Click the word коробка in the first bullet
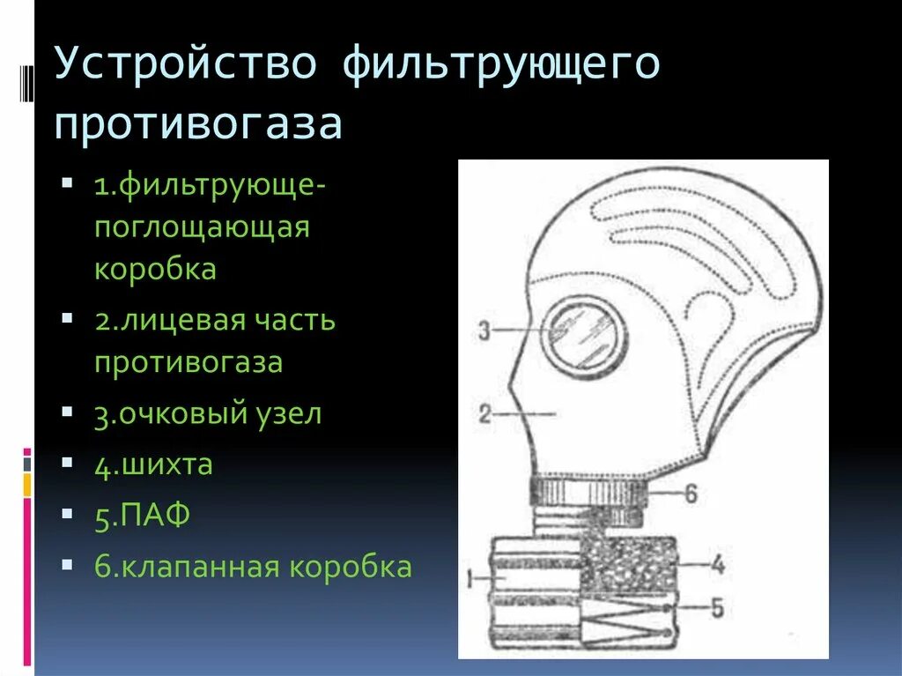click(x=155, y=269)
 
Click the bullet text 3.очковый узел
click(x=208, y=414)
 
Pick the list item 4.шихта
click(x=154, y=464)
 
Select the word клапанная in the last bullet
click(x=193, y=567)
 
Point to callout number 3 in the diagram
click(x=484, y=331)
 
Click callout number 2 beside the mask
click(x=484, y=413)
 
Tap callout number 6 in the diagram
click(x=691, y=494)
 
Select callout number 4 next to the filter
click(x=718, y=563)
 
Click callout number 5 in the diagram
click(x=719, y=608)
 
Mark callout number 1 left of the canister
click(x=470, y=578)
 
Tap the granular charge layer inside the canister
click(x=627, y=564)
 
